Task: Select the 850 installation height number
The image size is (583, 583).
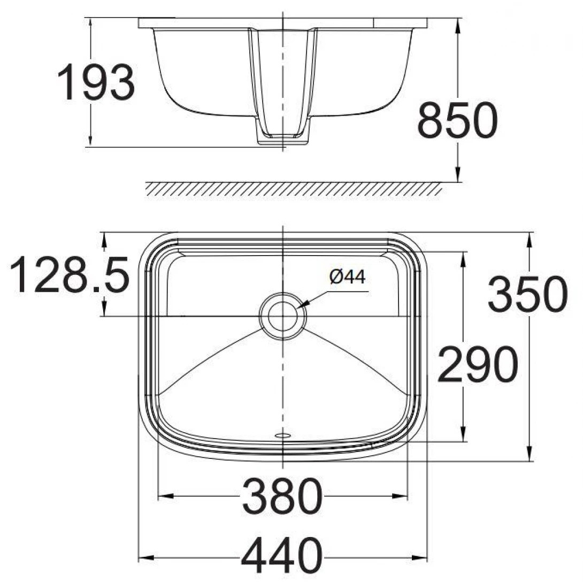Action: point(457,120)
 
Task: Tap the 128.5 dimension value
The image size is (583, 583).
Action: point(70,275)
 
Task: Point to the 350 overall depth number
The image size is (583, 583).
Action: point(527,295)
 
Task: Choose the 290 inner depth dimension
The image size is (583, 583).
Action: point(477,365)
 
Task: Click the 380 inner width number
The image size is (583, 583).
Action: point(282,496)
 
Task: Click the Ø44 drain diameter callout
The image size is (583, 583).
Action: point(347,277)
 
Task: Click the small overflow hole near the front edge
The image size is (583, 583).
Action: point(282,435)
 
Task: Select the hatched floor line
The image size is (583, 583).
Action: point(293,189)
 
